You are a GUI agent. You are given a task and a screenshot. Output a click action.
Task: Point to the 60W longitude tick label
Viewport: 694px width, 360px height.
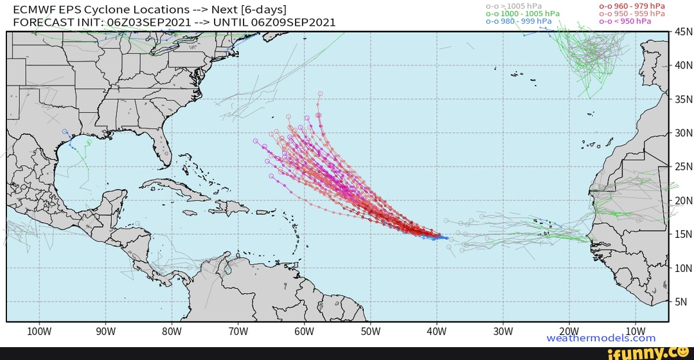coord(304,331)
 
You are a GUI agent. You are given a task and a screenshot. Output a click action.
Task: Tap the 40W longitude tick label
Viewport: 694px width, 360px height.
coord(436,331)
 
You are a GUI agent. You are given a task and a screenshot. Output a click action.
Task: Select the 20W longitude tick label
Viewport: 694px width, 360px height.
coord(569,331)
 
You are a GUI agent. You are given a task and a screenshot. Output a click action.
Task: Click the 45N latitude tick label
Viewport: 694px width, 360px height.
coord(681,32)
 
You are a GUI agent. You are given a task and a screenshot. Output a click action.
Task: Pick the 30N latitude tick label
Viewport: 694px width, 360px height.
coord(681,133)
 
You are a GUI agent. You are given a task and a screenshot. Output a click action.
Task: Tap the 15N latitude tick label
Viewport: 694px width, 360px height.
coord(681,234)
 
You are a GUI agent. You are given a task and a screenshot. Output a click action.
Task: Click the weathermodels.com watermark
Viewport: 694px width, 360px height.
coord(601,338)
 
